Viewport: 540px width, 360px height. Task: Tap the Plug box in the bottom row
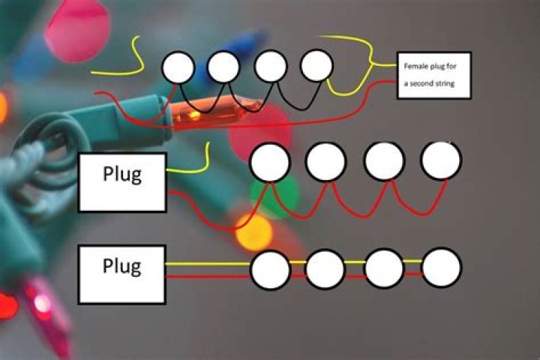[x=122, y=273]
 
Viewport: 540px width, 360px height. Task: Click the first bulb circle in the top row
[x=178, y=67]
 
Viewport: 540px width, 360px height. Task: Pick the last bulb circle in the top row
[x=316, y=67]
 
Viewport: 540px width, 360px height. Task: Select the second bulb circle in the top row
[x=223, y=67]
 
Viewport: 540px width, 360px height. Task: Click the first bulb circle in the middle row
[x=270, y=162]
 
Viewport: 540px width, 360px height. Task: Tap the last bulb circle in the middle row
[x=441, y=160]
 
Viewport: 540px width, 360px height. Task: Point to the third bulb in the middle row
[x=384, y=161]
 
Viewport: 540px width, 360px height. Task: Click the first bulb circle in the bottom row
[x=270, y=268]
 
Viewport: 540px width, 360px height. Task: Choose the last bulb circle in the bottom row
[x=441, y=268]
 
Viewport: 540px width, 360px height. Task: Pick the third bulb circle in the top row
[x=270, y=67]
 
